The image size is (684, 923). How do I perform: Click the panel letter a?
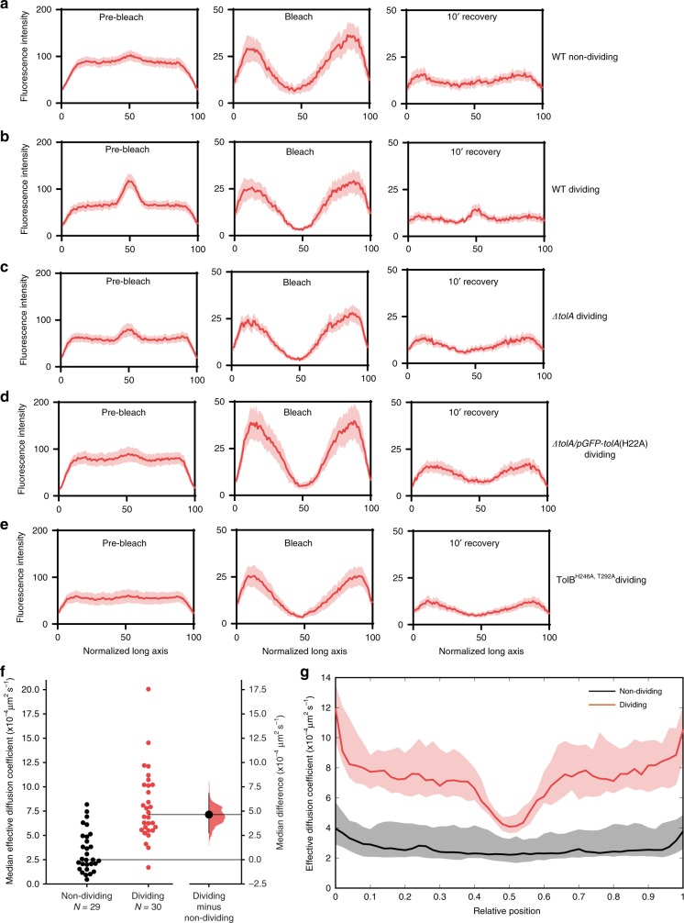[6, 7]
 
